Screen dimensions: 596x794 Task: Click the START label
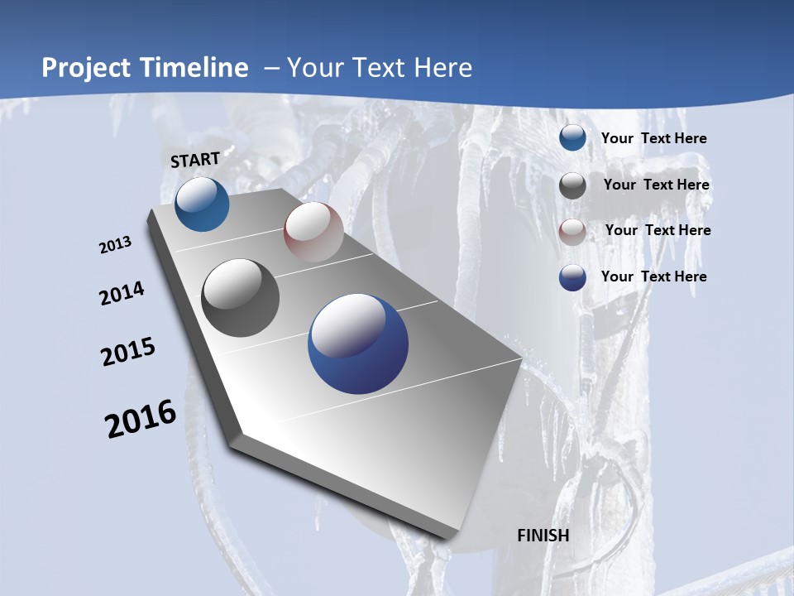[195, 159]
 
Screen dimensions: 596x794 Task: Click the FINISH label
[543, 536]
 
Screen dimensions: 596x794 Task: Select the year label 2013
[116, 245]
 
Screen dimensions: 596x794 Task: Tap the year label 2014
[122, 294]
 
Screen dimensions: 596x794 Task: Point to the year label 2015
[128, 352]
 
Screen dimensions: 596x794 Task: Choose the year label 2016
[141, 419]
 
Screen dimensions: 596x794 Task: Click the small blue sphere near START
[202, 204]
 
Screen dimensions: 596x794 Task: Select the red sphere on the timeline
[313, 232]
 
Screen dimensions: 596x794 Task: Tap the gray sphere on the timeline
[241, 298]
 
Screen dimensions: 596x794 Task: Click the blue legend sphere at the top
[572, 137]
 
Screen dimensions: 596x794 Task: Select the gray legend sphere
[572, 185]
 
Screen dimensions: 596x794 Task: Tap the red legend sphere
[572, 232]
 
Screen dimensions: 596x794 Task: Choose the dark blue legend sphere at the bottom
[572, 277]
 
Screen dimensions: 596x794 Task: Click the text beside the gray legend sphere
[656, 185]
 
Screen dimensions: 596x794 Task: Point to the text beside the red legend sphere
[658, 230]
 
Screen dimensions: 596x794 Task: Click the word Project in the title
[84, 68]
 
